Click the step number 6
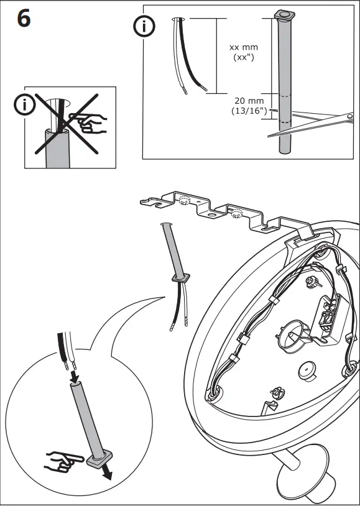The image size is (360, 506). [x=23, y=19]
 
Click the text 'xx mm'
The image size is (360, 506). [x=243, y=47]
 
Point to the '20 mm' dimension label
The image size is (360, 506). [x=249, y=101]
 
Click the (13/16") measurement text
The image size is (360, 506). [x=248, y=111]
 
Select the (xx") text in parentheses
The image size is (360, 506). [x=245, y=57]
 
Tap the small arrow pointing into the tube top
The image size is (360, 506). [x=74, y=377]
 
